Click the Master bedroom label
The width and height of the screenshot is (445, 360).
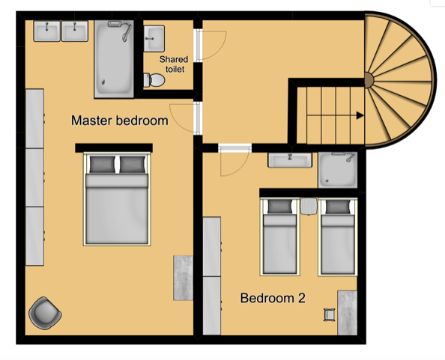point(119,120)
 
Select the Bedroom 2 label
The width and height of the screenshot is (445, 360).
point(273,298)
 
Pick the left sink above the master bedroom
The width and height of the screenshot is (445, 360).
point(48,31)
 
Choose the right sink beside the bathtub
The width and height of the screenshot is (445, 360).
point(75,31)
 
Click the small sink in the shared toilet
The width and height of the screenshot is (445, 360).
point(155,35)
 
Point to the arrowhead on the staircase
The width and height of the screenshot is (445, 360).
point(361,115)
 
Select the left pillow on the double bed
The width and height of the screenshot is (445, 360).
point(101,165)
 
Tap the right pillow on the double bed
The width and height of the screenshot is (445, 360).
point(131,165)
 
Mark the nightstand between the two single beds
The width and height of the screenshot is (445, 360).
point(309,206)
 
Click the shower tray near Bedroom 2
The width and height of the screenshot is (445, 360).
point(339,170)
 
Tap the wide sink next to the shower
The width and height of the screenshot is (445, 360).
point(290,160)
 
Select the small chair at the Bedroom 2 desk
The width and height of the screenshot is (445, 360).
point(328,315)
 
